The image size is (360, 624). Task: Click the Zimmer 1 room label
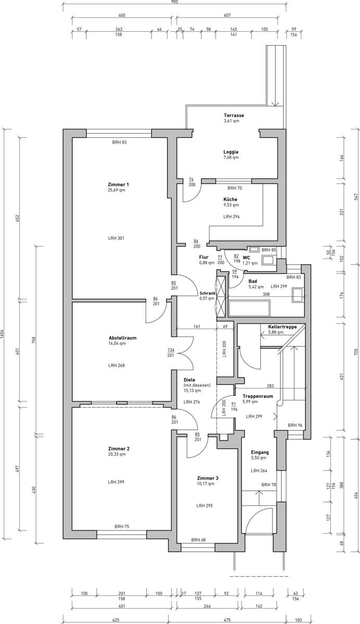[118, 185]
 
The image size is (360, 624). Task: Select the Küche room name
[230, 199]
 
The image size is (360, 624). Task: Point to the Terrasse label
[234, 115]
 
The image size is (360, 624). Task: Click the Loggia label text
[231, 152]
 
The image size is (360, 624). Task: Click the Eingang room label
[260, 452]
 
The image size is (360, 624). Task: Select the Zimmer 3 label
[208, 477]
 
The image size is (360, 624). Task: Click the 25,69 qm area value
[117, 190]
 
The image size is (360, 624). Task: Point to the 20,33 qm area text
[117, 454]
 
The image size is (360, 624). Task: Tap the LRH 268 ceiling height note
[117, 365]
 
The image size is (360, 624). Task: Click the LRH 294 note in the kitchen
[232, 216]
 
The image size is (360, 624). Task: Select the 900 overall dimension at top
[174, 2]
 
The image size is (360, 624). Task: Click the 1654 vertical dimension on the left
[2, 333]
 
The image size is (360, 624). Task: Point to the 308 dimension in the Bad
[266, 294]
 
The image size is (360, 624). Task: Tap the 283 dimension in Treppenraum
[269, 386]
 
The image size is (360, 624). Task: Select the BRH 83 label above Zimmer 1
[119, 142]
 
